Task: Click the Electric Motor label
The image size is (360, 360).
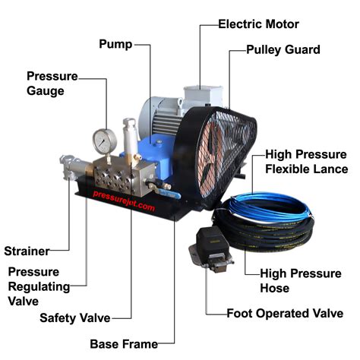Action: click(x=258, y=24)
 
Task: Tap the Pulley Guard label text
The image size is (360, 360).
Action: click(x=283, y=50)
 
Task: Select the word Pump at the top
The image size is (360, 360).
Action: click(x=116, y=43)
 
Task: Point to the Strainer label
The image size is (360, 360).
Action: click(x=27, y=251)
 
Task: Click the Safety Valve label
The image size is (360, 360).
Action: click(x=75, y=317)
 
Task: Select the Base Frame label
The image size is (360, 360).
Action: click(x=124, y=343)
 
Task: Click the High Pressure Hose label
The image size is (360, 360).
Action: click(x=300, y=280)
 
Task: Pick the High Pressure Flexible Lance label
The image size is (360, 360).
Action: click(x=306, y=161)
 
